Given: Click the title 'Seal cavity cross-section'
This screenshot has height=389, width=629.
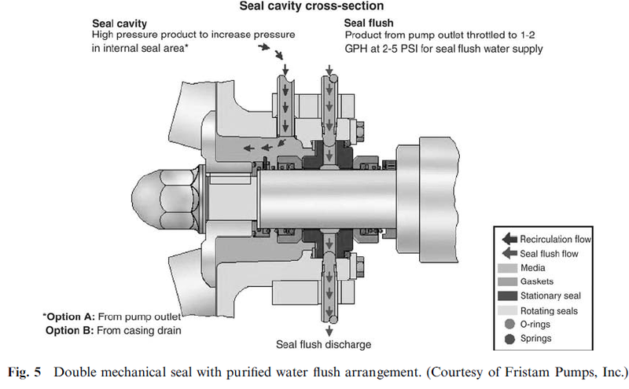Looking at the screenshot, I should pos(318,7).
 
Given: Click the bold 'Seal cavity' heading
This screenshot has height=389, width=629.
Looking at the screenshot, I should pos(118,24).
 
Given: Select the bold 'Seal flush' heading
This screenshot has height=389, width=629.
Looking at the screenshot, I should pos(370,24).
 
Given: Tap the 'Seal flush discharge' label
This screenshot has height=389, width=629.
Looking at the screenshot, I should pos(322,344).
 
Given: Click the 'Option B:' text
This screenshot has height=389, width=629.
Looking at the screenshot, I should pos(68,330).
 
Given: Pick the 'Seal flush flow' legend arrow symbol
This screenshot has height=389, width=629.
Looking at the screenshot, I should pos(508,254).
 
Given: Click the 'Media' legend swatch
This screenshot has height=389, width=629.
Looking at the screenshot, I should pos(507,268).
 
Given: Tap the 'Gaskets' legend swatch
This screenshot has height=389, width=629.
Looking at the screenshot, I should pos(507,282).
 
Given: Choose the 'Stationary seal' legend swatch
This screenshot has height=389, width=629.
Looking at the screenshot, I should pos(507,297).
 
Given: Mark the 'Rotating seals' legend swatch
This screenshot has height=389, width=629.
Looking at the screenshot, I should pos(507,311).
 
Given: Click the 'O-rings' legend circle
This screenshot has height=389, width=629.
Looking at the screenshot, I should pos(507,325).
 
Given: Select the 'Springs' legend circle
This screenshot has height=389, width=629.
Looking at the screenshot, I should pos(507,339).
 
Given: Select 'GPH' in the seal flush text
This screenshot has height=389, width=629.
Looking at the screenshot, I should pos(357,49).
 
